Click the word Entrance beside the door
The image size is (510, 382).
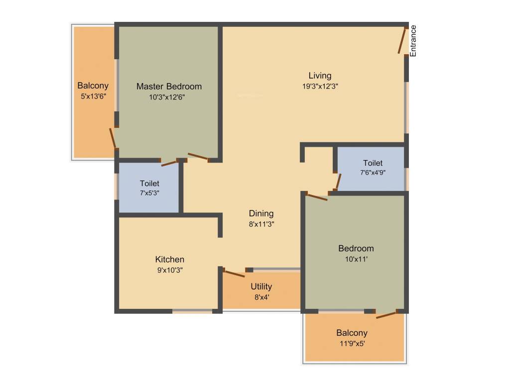tap(413, 40)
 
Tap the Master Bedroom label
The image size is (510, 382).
tap(169, 87)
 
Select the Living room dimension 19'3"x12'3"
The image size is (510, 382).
tap(320, 86)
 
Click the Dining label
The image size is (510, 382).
tap(261, 214)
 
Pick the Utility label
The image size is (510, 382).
tap(261, 286)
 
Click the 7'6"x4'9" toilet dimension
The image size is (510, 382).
tap(373, 173)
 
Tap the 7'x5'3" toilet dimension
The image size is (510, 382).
tap(149, 193)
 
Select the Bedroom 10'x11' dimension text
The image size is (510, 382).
tap(356, 259)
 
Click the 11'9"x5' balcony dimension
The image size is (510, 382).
tap(352, 343)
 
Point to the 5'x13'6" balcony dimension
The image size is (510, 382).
tap(93, 96)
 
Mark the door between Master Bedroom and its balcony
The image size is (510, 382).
tap(113, 138)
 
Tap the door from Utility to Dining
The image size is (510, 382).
tap(234, 273)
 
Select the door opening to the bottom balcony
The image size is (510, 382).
tap(386, 314)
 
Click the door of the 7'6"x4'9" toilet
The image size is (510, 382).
tap(338, 182)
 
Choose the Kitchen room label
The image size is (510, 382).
tap(170, 259)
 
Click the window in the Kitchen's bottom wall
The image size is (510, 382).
tap(192, 311)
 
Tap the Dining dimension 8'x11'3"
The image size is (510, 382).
tap(261, 224)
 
